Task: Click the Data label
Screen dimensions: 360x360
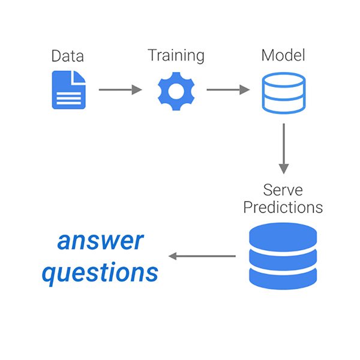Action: pyautogui.click(x=67, y=56)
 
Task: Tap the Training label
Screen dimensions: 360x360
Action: pyautogui.click(x=176, y=56)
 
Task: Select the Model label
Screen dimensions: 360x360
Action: pyautogui.click(x=283, y=55)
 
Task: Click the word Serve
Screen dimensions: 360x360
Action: pyautogui.click(x=283, y=190)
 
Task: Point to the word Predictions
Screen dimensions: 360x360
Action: pyautogui.click(x=283, y=208)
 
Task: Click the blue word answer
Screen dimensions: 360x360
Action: pyautogui.click(x=101, y=241)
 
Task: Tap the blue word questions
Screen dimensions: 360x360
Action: pyautogui.click(x=100, y=273)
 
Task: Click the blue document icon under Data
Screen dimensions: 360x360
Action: pyautogui.click(x=68, y=90)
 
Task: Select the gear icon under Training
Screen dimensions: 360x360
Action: pyautogui.click(x=176, y=91)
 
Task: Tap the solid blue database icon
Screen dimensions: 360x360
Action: pyautogui.click(x=283, y=256)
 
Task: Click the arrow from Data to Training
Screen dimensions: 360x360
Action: pyautogui.click(x=121, y=89)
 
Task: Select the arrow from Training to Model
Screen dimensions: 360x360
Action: pyautogui.click(x=228, y=89)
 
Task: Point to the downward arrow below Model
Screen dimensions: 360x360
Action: pyautogui.click(x=284, y=149)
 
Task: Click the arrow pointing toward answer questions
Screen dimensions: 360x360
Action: pyautogui.click(x=202, y=256)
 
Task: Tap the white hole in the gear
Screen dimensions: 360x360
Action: pyautogui.click(x=176, y=91)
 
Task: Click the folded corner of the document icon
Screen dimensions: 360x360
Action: pyautogui.click(x=78, y=77)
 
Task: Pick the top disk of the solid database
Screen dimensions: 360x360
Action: pyautogui.click(x=283, y=236)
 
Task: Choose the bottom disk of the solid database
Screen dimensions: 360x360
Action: pyautogui.click(x=283, y=278)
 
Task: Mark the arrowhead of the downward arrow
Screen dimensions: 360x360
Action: pyautogui.click(x=284, y=169)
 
